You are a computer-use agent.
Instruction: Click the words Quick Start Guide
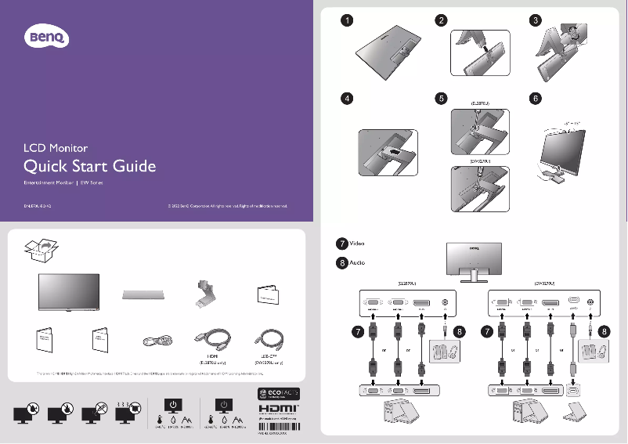[x=89, y=166]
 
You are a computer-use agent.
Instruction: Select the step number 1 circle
[x=345, y=20]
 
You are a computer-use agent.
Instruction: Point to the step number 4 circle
[x=345, y=99]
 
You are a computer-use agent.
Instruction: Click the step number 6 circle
[x=535, y=99]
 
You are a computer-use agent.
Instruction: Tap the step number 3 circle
[x=535, y=20]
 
